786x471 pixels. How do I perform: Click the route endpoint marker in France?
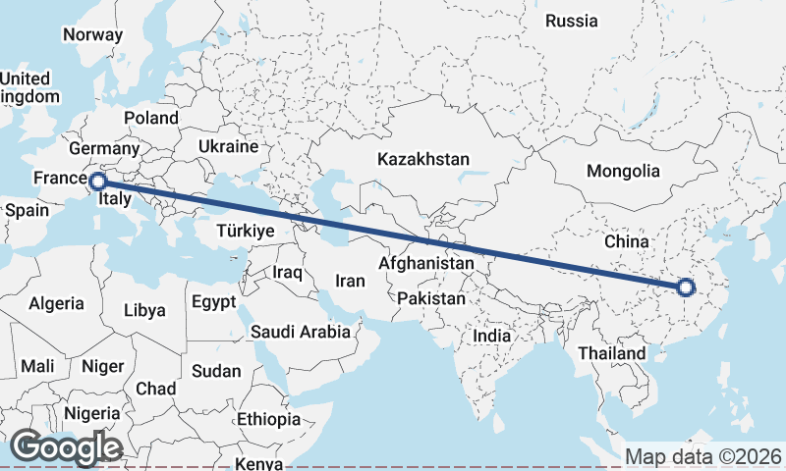(x=97, y=182)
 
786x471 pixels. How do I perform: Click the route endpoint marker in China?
(x=686, y=288)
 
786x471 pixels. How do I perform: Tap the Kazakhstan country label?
(x=424, y=158)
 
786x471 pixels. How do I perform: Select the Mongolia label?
(x=623, y=171)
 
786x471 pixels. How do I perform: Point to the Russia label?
(x=571, y=21)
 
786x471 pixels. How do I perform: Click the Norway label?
(x=92, y=34)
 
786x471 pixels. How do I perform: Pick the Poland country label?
(x=151, y=118)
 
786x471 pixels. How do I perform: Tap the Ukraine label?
(x=228, y=146)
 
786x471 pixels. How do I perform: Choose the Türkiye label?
(x=245, y=231)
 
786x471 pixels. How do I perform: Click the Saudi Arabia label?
(x=301, y=332)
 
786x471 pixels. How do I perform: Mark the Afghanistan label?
(x=426, y=264)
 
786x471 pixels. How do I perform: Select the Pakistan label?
(x=432, y=297)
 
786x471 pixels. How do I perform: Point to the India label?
(x=491, y=336)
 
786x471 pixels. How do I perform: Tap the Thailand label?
(x=612, y=353)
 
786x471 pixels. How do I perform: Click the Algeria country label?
(x=56, y=304)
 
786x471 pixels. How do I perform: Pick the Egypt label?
(x=213, y=301)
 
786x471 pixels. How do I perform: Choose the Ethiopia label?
(x=268, y=419)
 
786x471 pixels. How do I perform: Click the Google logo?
(x=66, y=448)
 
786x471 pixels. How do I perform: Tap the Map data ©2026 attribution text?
(x=703, y=456)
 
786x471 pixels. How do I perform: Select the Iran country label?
(x=350, y=281)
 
